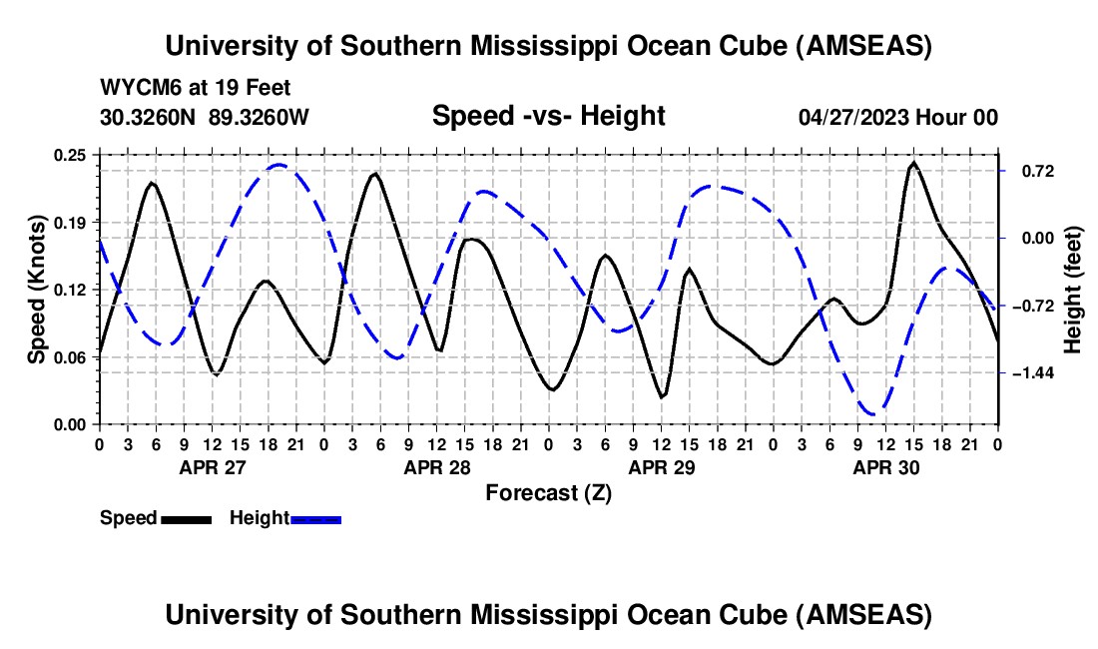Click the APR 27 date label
coord(212,467)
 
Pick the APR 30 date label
coord(886,467)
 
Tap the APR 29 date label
coord(661,467)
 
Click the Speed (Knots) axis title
coord(37,290)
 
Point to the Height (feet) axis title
coord(1073,290)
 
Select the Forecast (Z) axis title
coord(548,492)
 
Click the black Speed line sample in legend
coord(186,518)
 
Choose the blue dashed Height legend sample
coord(315,518)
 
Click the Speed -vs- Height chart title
coord(548,116)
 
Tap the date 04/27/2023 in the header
coord(853,117)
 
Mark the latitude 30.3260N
coord(149,117)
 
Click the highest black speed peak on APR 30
coord(913,163)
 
